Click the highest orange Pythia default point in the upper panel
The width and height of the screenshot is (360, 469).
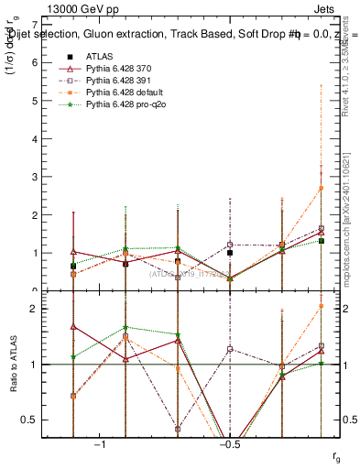[x=321, y=188]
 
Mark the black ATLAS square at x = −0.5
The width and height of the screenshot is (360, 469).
[x=230, y=253]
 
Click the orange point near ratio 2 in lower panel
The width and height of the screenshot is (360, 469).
[x=321, y=306]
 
